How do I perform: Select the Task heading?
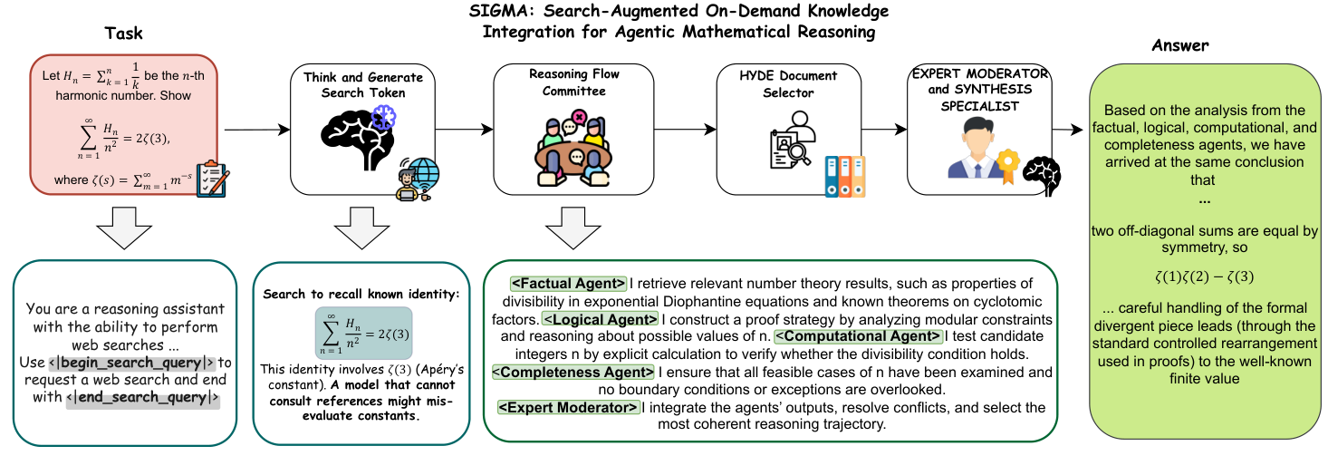(x=124, y=34)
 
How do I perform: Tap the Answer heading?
(x=1179, y=44)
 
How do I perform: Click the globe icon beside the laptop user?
(x=423, y=173)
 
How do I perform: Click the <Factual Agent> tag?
(x=569, y=284)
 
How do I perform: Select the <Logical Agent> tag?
(x=601, y=319)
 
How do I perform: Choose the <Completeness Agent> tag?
(x=572, y=373)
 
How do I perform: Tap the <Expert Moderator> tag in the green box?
(x=569, y=408)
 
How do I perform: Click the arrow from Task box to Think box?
(x=255, y=130)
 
